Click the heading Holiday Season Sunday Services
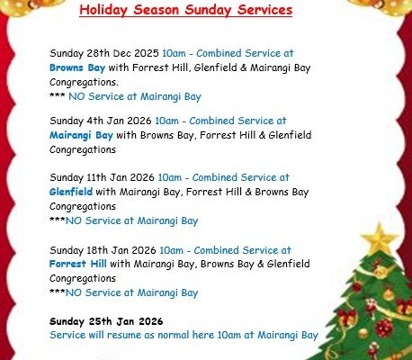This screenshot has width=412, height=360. (185, 11)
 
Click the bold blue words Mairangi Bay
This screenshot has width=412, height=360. (81, 135)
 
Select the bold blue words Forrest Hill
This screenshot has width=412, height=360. (78, 264)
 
